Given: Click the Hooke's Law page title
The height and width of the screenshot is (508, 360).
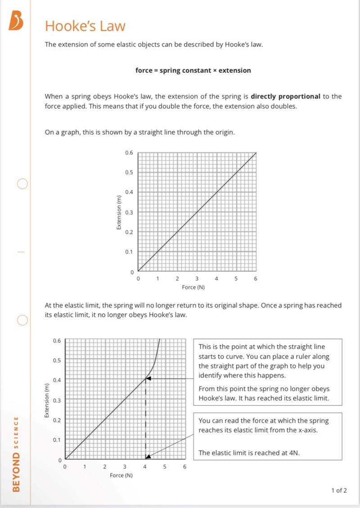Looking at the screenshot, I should point(85,26).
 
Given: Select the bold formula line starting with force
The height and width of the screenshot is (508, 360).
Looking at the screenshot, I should point(193,70).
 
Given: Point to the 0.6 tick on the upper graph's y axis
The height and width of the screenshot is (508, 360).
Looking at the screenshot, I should point(129,153).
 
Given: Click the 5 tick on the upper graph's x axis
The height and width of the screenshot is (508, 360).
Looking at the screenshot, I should point(236,279).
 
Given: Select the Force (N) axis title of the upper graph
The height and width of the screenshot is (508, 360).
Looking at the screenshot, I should point(193,287).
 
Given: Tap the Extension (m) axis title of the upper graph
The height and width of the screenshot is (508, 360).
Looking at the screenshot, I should point(119,212).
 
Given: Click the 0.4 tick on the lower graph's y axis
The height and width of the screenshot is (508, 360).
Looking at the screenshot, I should point(56,380).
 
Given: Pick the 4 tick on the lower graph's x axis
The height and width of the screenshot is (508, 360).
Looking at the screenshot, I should point(145,467).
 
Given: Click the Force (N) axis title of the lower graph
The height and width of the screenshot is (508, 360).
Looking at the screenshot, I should point(121,475).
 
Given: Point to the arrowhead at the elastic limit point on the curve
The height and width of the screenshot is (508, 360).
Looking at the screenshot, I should point(148,379).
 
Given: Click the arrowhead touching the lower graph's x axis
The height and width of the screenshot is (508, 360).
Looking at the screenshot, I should point(148,456).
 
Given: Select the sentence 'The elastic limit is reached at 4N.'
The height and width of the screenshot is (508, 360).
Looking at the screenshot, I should point(249,453).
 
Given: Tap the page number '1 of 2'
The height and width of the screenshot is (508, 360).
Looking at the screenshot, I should point(339,490).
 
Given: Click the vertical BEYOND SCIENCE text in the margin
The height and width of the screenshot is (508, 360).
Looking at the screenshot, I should point(16,454).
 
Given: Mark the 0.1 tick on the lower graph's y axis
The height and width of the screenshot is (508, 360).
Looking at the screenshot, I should point(56,440).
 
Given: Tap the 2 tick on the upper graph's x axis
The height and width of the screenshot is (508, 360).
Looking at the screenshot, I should point(177,279).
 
